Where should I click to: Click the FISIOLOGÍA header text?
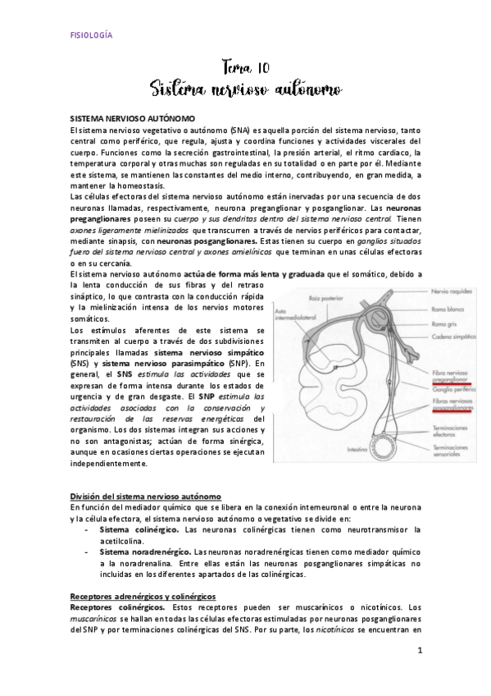tap(89, 34)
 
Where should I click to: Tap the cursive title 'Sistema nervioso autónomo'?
tap(246, 87)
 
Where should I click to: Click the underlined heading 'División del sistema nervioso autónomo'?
tap(146, 497)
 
